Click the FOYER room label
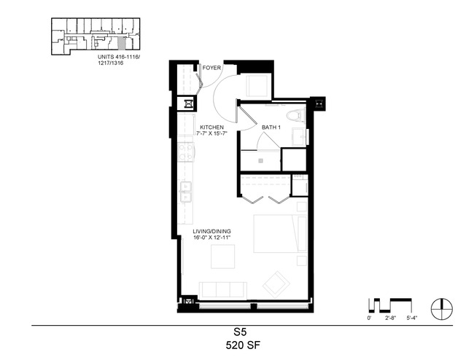[x=211, y=68]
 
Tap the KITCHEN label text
[x=211, y=128]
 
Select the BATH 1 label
[x=271, y=128]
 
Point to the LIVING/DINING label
[x=211, y=232]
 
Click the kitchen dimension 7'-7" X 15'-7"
[x=211, y=133]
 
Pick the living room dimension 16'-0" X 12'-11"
[x=211, y=238]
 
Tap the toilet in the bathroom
[x=296, y=115]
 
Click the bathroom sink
[x=300, y=137]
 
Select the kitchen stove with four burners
[x=186, y=152]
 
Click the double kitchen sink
[x=185, y=192]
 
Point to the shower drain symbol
[x=260, y=161]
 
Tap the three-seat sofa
[x=223, y=290]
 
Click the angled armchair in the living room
[x=276, y=284]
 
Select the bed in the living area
[x=280, y=234]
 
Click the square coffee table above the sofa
[x=223, y=257]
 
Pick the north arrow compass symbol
[x=442, y=309]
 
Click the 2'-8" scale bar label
[x=391, y=318]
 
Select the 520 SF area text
[x=243, y=345]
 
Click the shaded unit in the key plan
[x=121, y=44]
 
